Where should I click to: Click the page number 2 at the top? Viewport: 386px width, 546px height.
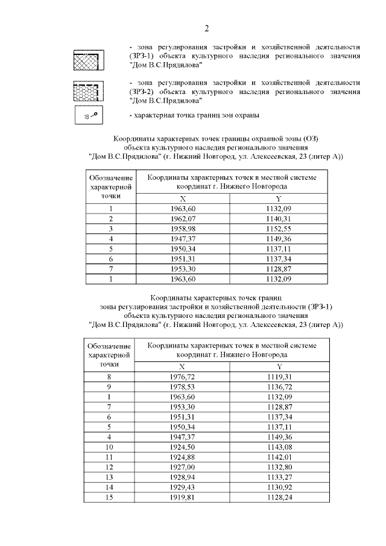click(x=206, y=28)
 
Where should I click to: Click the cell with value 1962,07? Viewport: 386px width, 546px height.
click(x=183, y=218)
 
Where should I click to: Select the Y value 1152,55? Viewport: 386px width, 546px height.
click(x=278, y=228)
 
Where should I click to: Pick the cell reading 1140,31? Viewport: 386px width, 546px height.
click(x=278, y=218)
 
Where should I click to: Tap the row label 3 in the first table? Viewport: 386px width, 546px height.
click(x=111, y=228)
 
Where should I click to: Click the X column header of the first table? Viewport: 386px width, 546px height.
click(x=183, y=198)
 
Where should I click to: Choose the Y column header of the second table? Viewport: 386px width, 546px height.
click(x=278, y=366)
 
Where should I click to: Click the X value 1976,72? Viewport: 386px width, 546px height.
click(x=183, y=376)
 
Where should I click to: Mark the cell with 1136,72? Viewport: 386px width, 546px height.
click(x=278, y=386)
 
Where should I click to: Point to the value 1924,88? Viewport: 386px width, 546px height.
click(x=183, y=457)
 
